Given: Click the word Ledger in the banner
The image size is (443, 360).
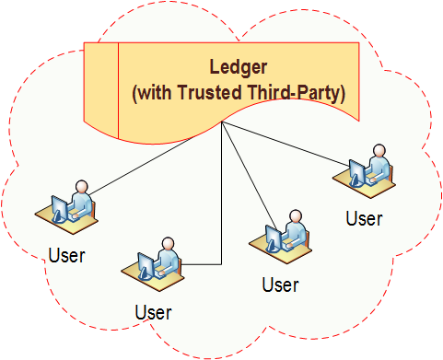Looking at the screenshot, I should click(x=238, y=67).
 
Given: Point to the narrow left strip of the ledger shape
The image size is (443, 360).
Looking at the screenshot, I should click(x=103, y=87).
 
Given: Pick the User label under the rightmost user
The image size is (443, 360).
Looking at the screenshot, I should click(x=363, y=218).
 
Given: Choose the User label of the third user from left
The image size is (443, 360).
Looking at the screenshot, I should click(x=280, y=285).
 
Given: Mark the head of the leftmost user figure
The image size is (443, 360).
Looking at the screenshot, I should click(x=81, y=187).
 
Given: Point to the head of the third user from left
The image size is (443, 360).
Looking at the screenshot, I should click(x=295, y=217).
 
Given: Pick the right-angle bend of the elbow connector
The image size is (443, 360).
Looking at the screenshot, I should click(x=222, y=264).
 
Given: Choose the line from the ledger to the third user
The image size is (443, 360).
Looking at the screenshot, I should click(x=249, y=175).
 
